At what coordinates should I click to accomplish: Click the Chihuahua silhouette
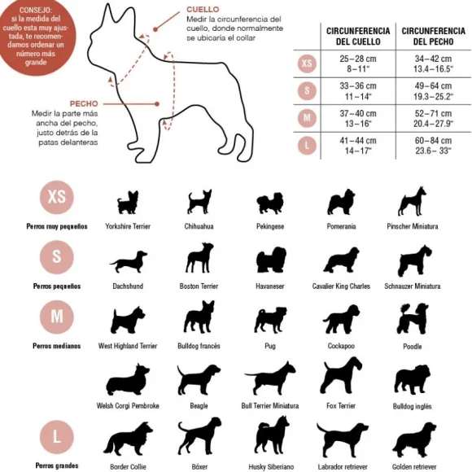199,202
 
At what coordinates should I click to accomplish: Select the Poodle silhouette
413,319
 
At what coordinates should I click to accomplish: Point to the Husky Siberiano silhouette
272,436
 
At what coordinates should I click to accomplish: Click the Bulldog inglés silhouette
412,380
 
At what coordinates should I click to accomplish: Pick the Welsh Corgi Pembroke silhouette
128,380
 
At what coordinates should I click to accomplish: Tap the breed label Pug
270,346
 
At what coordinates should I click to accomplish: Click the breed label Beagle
199,406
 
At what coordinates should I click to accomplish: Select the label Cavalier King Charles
341,286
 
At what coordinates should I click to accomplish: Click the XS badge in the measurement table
307,63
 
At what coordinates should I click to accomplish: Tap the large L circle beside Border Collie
57,437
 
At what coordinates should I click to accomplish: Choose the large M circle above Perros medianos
57,317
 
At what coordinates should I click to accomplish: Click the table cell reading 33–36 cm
358,86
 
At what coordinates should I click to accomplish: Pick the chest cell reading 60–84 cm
433,141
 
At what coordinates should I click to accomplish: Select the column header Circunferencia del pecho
433,36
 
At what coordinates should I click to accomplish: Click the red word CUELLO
203,9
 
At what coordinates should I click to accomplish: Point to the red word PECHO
84,104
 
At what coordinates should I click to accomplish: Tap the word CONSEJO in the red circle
36,10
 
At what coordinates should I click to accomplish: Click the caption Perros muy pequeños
57,226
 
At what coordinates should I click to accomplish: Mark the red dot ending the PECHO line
157,104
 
